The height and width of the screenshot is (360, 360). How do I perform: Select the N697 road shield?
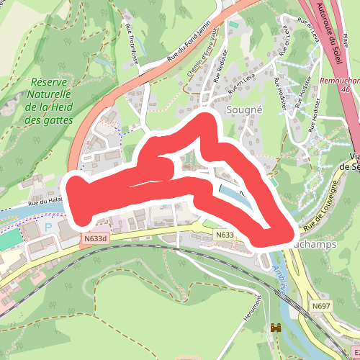pos(322,307)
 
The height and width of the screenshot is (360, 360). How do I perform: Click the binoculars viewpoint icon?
pos(275,328)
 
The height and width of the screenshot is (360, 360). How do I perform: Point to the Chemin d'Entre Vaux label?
pos(202,66)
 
